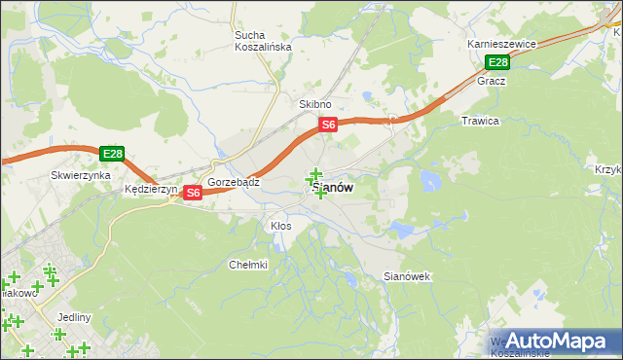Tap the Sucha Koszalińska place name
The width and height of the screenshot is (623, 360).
coord(257,42)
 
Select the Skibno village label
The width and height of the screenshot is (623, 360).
coord(315,104)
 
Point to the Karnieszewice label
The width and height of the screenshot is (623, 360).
coord(502,45)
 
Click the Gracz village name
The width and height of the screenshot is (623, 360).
coord(491,82)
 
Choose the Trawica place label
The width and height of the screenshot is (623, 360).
coord(480,122)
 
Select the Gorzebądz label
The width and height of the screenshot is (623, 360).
coord(233,182)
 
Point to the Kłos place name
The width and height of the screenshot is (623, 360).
coord(280,226)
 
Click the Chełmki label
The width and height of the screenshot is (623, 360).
coord(247,265)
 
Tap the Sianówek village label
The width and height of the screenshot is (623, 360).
coord(407,277)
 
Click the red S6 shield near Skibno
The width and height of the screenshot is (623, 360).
coord(329,125)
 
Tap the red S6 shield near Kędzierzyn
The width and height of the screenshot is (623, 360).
coord(193,193)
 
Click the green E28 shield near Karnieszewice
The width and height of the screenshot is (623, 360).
coord(497,63)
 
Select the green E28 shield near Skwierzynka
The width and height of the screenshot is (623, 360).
coord(112,154)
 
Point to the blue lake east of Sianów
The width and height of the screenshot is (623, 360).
coord(428,180)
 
